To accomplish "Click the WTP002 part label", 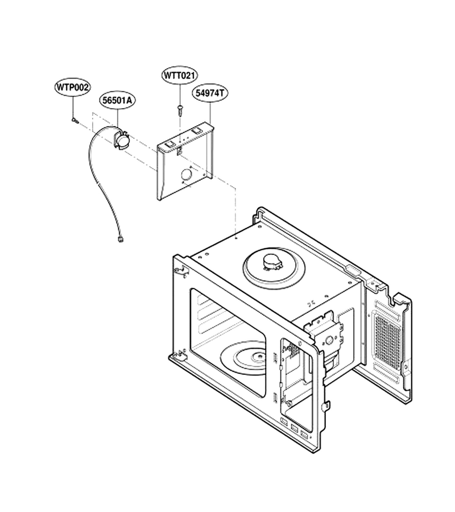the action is tap(72, 87).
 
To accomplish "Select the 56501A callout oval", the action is tap(117, 100).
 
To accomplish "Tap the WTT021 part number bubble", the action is tap(179, 76).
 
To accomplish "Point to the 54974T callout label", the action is tap(210, 93).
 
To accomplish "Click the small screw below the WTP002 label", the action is tap(75, 120).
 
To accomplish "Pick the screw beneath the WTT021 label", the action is tap(180, 109).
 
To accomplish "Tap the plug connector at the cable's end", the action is tap(121, 240).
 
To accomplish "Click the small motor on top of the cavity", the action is tap(272, 262).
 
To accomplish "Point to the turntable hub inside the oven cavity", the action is tap(259, 357).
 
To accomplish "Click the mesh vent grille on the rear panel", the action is tap(387, 337).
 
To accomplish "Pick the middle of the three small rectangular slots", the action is tap(295, 428).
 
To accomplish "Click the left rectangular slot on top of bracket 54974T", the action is tap(169, 144).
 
